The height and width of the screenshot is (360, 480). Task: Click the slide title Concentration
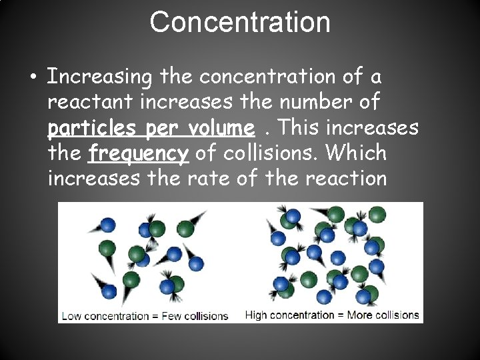[240, 22]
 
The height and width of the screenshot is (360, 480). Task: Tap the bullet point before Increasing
[33, 77]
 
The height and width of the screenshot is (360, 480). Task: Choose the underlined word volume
[218, 127]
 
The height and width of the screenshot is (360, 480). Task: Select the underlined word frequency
[139, 154]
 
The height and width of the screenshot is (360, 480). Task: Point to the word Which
[356, 153]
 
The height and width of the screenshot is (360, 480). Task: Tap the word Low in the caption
[70, 316]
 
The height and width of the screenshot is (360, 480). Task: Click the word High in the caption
[257, 315]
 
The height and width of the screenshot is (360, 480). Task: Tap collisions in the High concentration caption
[398, 315]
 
